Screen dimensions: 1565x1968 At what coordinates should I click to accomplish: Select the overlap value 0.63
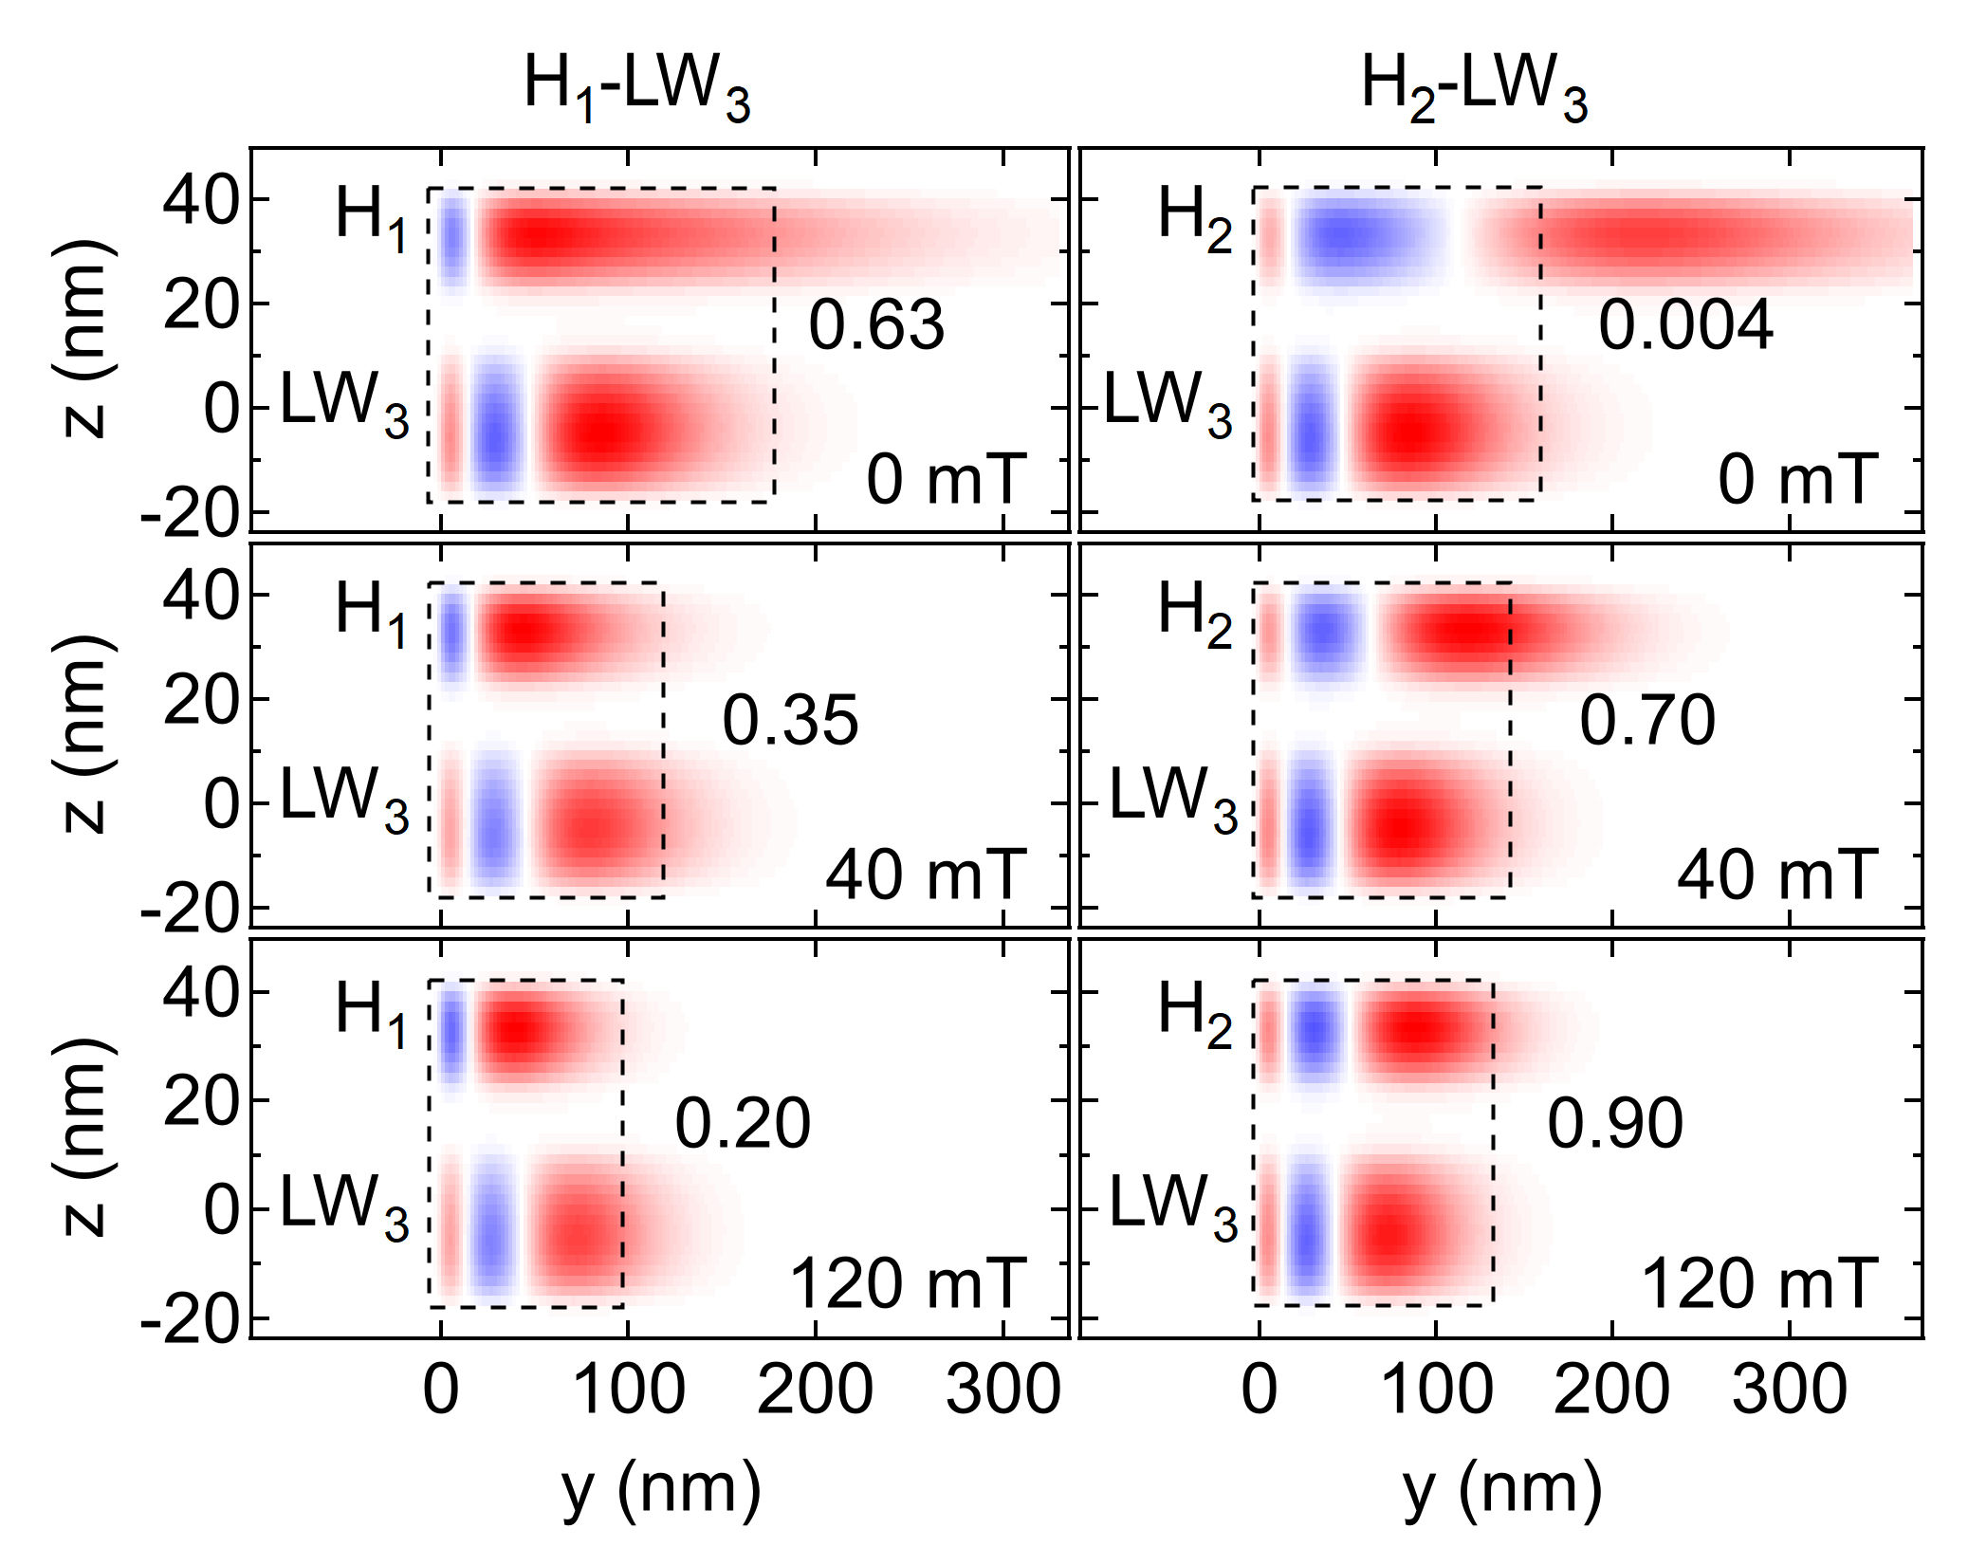click(875, 325)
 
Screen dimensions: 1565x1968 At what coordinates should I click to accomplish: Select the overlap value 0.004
click(1684, 325)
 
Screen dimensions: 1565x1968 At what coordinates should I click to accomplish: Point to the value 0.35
click(790, 721)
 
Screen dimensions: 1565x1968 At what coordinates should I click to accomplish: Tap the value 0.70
click(1646, 721)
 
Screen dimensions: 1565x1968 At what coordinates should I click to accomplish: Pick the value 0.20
click(743, 1124)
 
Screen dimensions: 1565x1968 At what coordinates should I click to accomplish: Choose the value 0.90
click(1614, 1124)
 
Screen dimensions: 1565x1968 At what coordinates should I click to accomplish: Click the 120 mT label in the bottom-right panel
click(1758, 1284)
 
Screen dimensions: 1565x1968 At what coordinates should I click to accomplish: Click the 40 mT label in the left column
click(926, 875)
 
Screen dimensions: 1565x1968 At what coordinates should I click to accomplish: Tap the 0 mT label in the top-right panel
click(1797, 480)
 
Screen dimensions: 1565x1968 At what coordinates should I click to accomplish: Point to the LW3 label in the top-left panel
click(344, 402)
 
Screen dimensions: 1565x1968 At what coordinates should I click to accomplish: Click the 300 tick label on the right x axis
click(1789, 1390)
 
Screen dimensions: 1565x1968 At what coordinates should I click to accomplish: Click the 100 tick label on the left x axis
click(628, 1390)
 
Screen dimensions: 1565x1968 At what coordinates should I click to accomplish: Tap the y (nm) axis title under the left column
click(661, 1490)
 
